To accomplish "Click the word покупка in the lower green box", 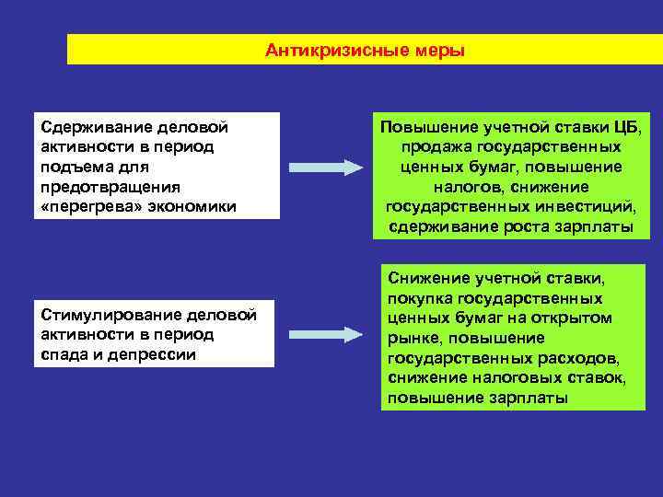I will [419, 297].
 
